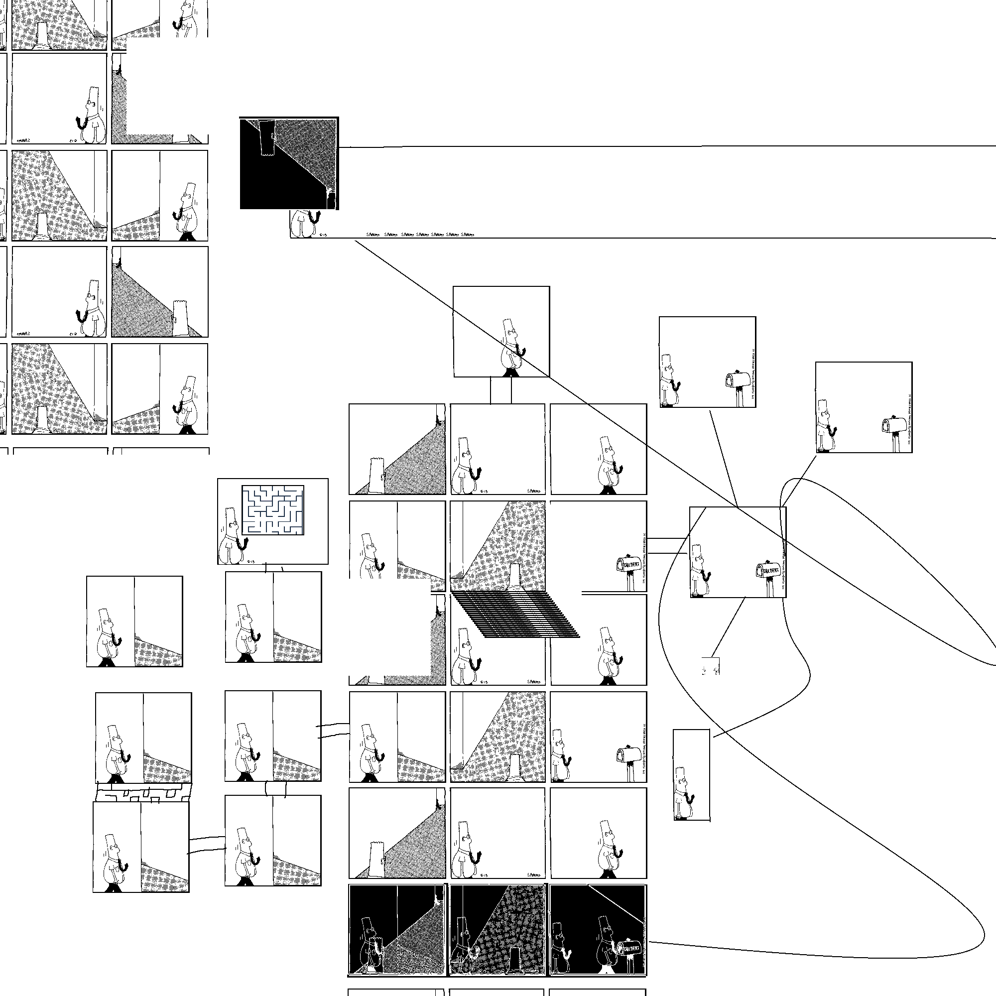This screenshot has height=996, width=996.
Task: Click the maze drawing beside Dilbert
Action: pos(273,510)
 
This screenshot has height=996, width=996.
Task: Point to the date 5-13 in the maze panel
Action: pos(251,561)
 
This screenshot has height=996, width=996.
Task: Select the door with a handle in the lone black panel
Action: pos(267,137)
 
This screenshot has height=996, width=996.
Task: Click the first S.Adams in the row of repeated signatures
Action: pos(373,235)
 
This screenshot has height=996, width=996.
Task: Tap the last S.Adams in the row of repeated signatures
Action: pos(467,235)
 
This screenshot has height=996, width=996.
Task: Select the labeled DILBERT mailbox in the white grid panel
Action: pos(629,566)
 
